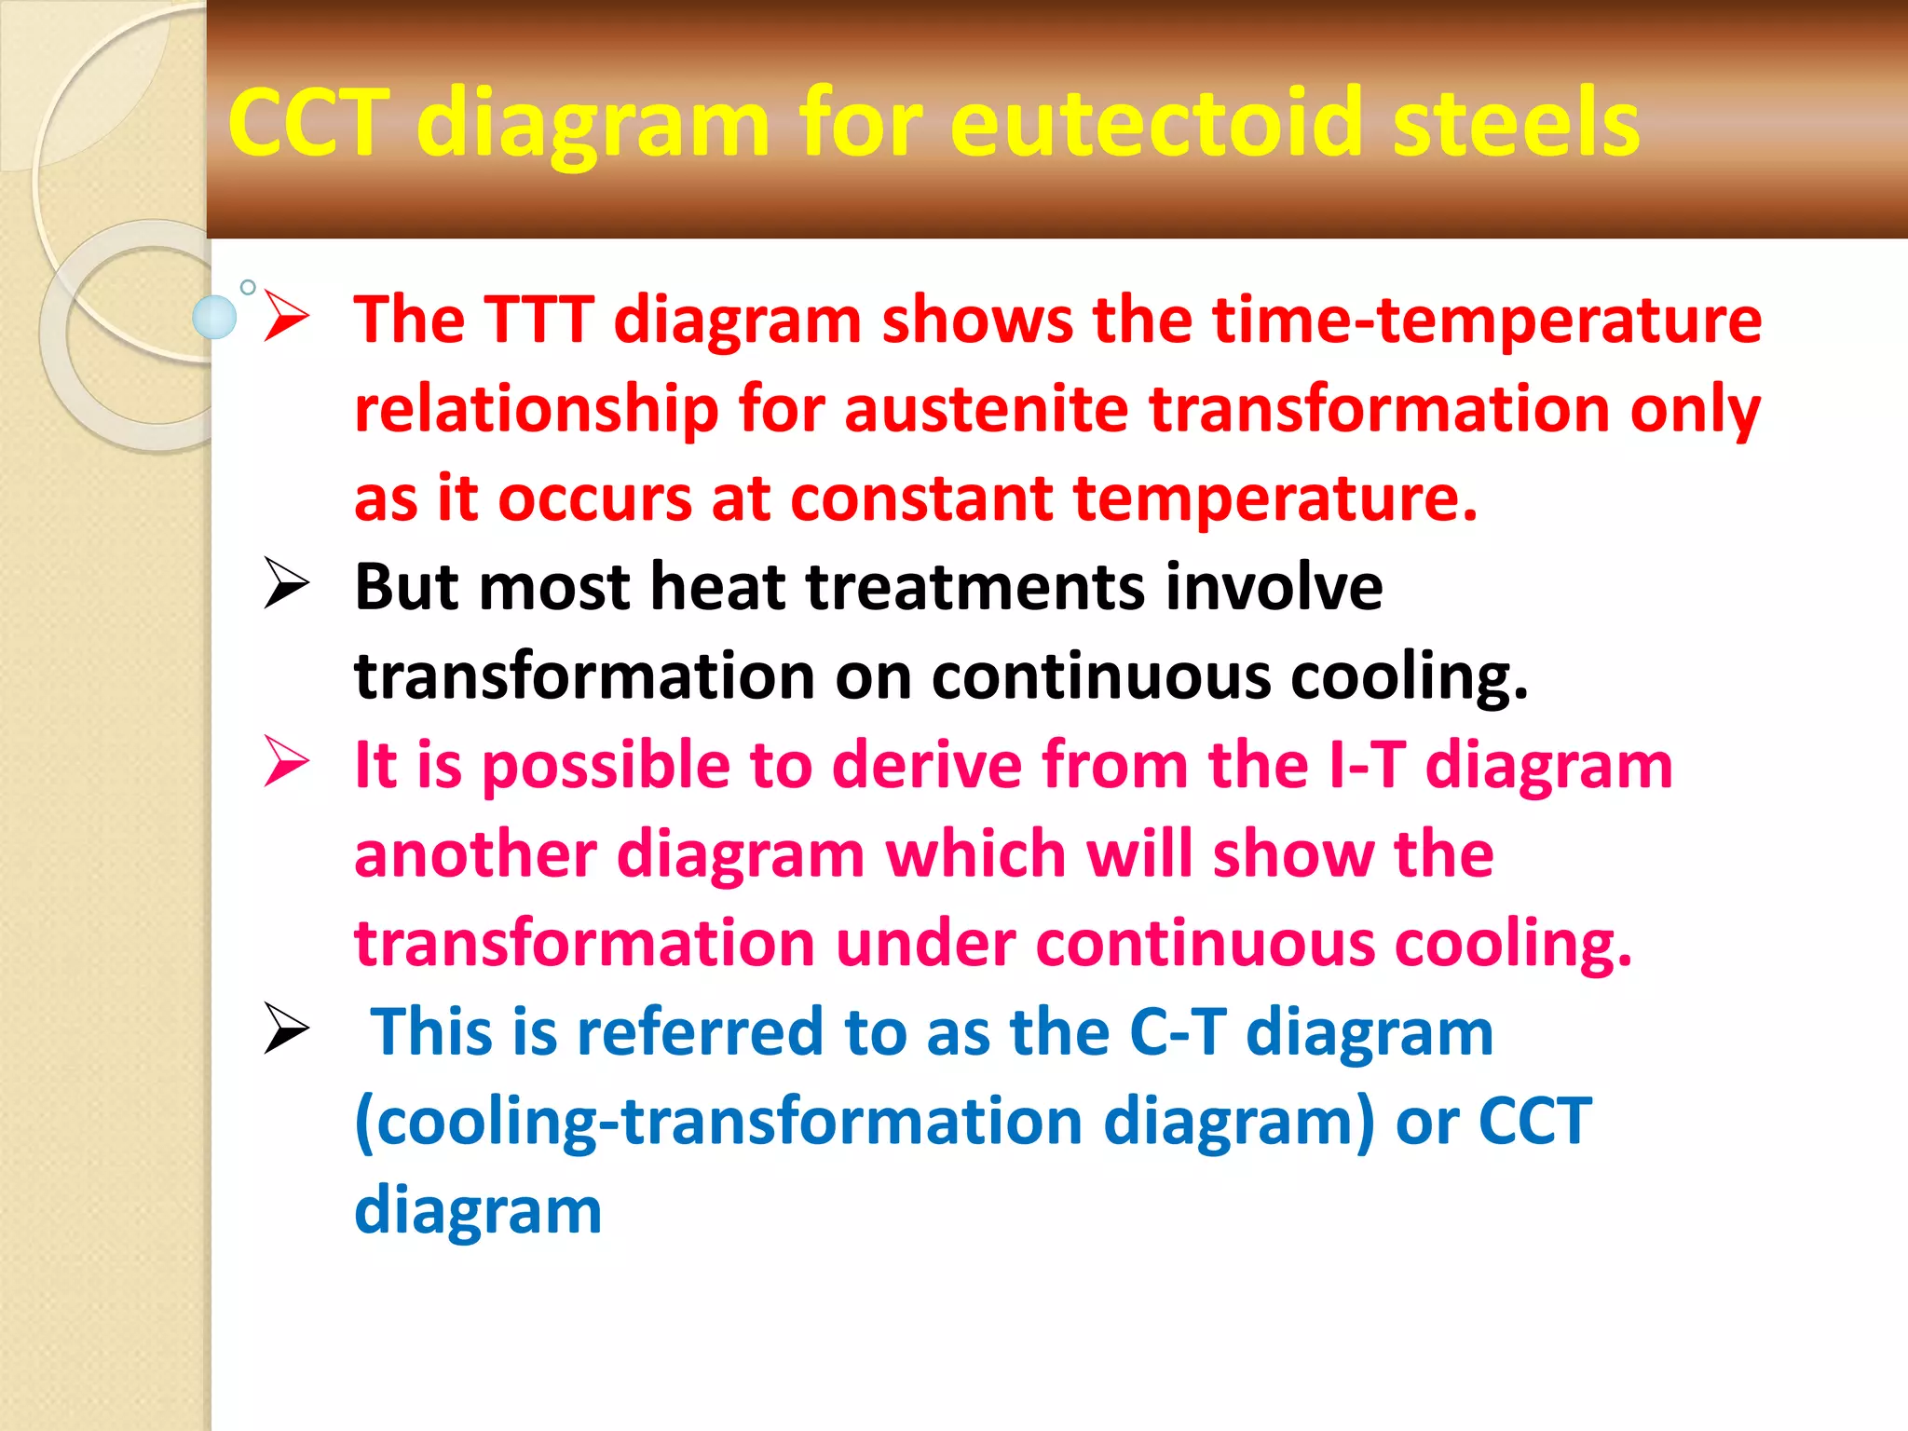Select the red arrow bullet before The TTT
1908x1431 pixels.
(285, 316)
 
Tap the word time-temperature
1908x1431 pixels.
(1487, 320)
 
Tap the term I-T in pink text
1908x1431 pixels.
(1368, 766)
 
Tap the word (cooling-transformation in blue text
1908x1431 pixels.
(717, 1122)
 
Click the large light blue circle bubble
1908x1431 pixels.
(214, 317)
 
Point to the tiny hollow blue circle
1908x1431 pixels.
(248, 287)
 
